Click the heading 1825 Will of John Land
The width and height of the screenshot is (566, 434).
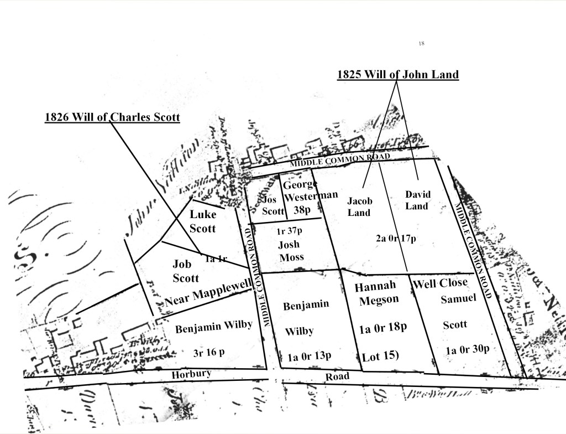398,75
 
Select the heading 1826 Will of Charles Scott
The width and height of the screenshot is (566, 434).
112,117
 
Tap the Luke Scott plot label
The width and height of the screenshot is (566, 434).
202,221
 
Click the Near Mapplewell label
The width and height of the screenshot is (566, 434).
208,292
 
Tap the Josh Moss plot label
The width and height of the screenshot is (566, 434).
291,252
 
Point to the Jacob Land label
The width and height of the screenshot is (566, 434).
359,206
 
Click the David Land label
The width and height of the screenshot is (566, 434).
417,200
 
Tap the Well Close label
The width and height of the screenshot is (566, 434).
440,283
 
